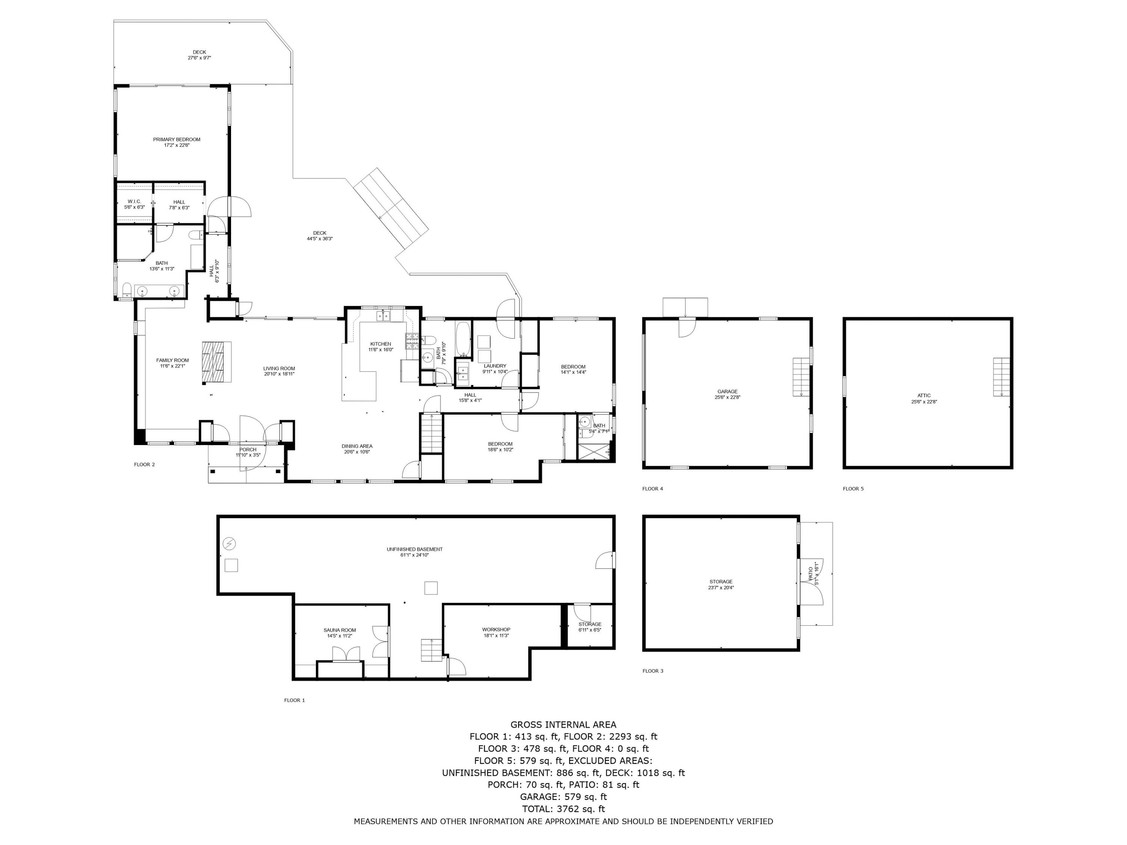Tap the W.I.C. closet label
[134, 202]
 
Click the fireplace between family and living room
[216, 362]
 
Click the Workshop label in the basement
[496, 629]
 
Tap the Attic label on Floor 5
[924, 395]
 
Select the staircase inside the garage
[801, 377]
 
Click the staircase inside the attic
[1001, 377]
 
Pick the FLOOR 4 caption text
[653, 489]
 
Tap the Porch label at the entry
[248, 449]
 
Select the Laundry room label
[495, 366]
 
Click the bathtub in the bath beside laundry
[463, 338]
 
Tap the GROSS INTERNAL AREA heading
[563, 724]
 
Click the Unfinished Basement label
[414, 549]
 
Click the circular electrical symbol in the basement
[230, 543]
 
